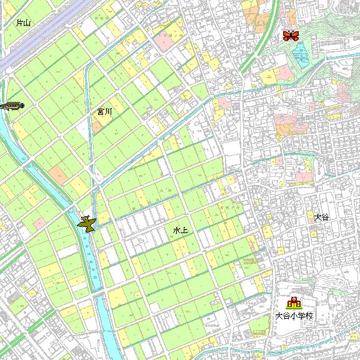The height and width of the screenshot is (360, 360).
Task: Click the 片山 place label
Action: (x=24, y=23)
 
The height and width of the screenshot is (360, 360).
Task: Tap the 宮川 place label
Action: (x=104, y=112)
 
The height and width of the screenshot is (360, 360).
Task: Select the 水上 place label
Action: (x=180, y=231)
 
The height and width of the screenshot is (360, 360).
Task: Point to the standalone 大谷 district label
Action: (x=321, y=217)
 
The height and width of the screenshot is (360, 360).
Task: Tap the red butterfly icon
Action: (x=290, y=36)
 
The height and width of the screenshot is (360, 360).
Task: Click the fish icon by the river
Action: (x=11, y=106)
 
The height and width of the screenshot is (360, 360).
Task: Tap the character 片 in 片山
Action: (x=20, y=23)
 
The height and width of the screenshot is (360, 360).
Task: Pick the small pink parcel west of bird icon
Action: (x=57, y=173)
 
